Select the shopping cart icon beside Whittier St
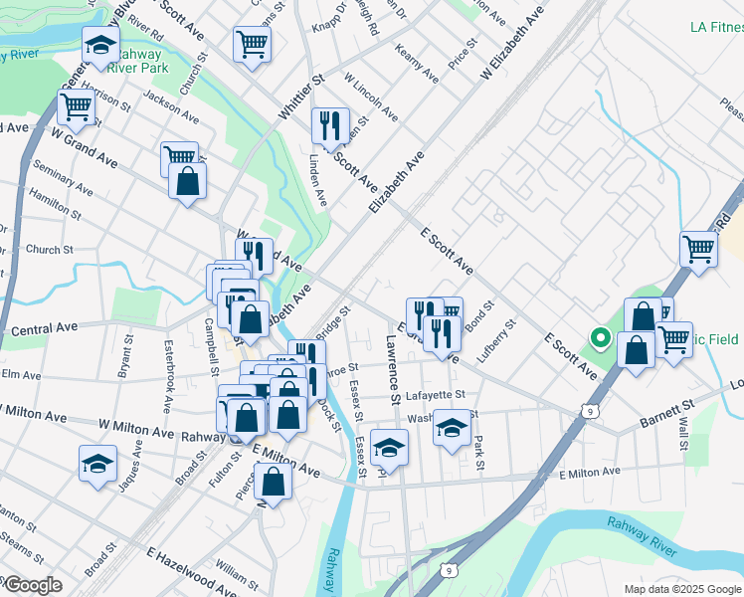click(252, 43)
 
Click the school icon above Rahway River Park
click(100, 45)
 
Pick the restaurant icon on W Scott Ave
click(330, 124)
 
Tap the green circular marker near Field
click(600, 338)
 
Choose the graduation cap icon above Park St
click(453, 428)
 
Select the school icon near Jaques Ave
click(98, 463)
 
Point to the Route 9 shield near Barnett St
click(591, 410)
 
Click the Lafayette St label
click(429, 395)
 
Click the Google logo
click(32, 585)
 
